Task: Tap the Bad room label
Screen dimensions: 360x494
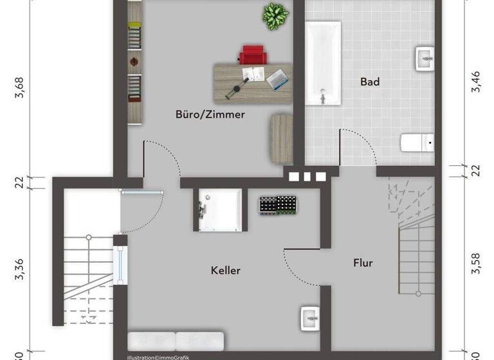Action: pos(370,82)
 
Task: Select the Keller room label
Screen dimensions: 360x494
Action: pos(225,271)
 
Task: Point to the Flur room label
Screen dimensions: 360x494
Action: pos(363,263)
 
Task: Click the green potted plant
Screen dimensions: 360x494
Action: pos(275,15)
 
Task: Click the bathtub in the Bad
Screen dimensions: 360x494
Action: pos(323,62)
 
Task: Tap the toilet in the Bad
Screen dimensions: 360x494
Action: pos(416,142)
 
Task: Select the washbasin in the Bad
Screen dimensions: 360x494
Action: pos(425,58)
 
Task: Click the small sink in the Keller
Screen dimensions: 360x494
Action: pos(309,318)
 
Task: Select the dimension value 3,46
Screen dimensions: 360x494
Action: pos(476,82)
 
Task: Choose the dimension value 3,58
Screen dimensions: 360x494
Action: pos(476,264)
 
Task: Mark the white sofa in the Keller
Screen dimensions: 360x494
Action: pos(176,341)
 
